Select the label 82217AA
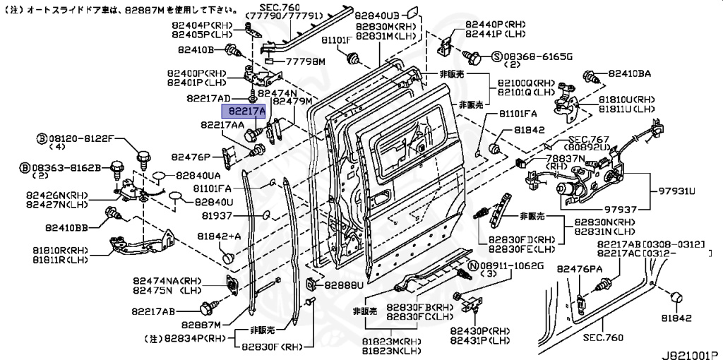(x=222, y=125)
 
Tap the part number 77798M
(x=304, y=62)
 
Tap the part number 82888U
(x=343, y=286)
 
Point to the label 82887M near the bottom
(x=201, y=325)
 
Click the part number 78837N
(x=565, y=159)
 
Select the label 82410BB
(x=67, y=227)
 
